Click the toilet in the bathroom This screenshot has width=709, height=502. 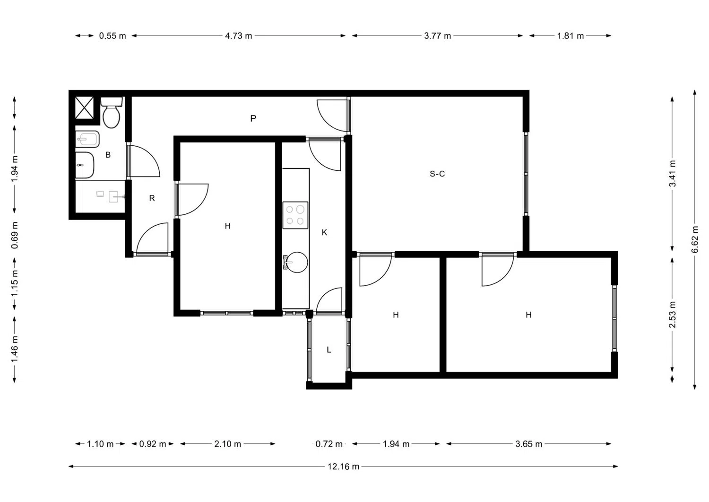pos(111,113)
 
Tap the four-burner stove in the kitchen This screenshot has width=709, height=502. pos(295,215)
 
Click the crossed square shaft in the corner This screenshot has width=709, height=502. pos(84,107)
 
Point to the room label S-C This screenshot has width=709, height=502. pos(437,174)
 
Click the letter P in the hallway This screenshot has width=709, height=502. pos(253,119)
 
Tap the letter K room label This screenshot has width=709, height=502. pos(324,233)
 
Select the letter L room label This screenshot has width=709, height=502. pos(329,350)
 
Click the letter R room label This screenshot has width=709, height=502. pos(152,198)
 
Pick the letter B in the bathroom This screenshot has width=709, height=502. pos(108,155)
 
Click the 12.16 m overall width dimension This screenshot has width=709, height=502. pos(344,467)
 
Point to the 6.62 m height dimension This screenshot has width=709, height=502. pos(695,239)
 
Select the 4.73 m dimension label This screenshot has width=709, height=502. pos(238,36)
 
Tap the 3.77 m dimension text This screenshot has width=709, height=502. pos(437,36)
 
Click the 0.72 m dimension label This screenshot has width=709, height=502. pos(329,444)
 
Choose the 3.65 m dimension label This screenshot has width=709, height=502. pos(528,444)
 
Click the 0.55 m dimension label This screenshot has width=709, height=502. pos(112,36)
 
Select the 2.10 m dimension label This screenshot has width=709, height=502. pos(227,444)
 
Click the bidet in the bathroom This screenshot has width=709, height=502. pos(87,139)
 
